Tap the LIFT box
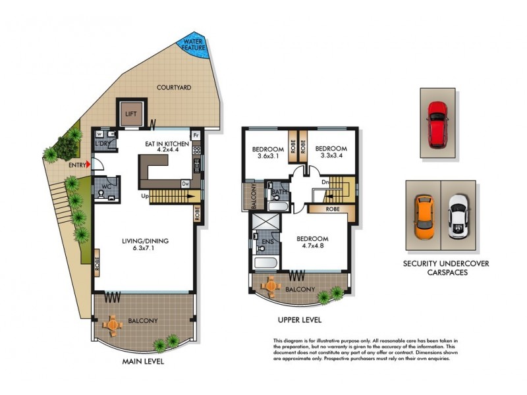coord(130,113)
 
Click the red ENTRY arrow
coord(88,165)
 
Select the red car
coord(437,123)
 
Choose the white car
coord(457,217)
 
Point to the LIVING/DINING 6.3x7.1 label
coord(145,246)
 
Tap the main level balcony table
coord(113,325)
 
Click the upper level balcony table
coord(270,286)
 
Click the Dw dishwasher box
coord(186,184)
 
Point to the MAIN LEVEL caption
coord(143,362)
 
